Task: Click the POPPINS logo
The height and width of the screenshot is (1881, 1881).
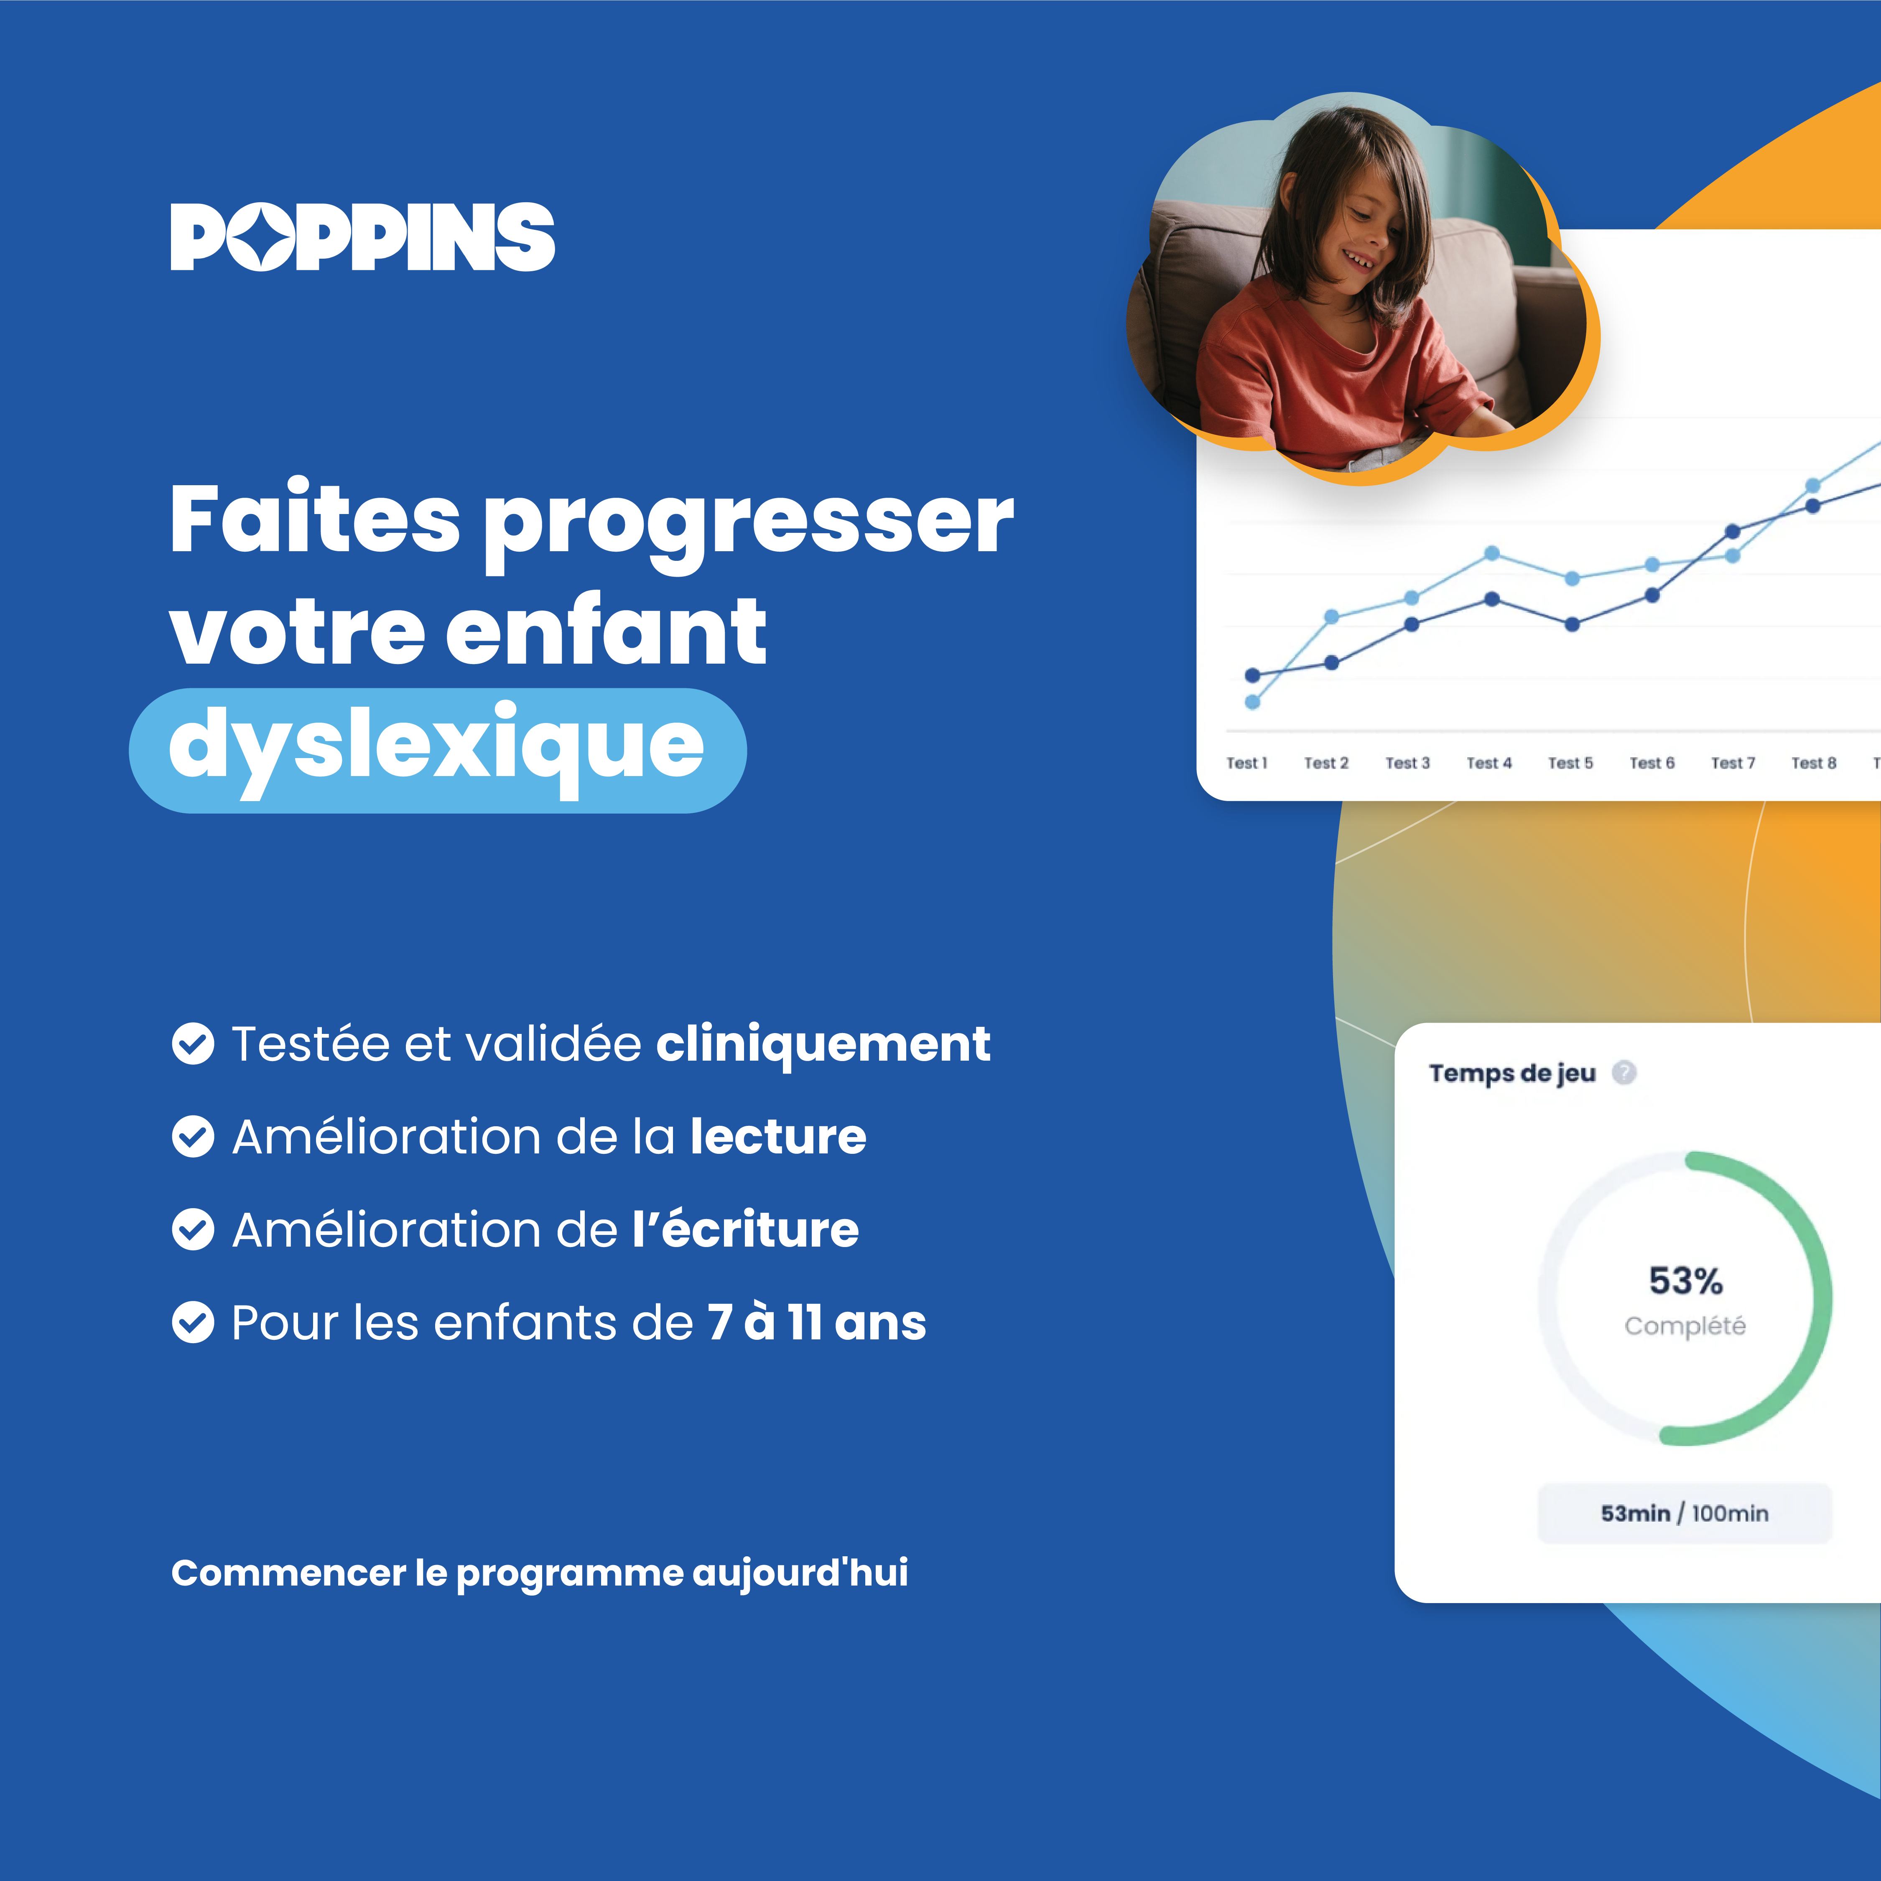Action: pos(362,237)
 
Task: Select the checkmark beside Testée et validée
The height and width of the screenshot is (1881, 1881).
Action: pos(193,1044)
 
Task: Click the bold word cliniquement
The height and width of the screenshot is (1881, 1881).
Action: pos(823,1044)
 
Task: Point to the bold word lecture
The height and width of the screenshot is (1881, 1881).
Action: pos(778,1136)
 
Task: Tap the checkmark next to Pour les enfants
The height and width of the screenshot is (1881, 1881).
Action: pos(193,1322)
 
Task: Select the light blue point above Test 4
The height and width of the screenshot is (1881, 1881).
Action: pos(1491,553)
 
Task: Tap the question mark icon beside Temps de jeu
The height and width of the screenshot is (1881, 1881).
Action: pos(1624,1072)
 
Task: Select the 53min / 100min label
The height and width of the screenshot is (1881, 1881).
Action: pos(1685,1513)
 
